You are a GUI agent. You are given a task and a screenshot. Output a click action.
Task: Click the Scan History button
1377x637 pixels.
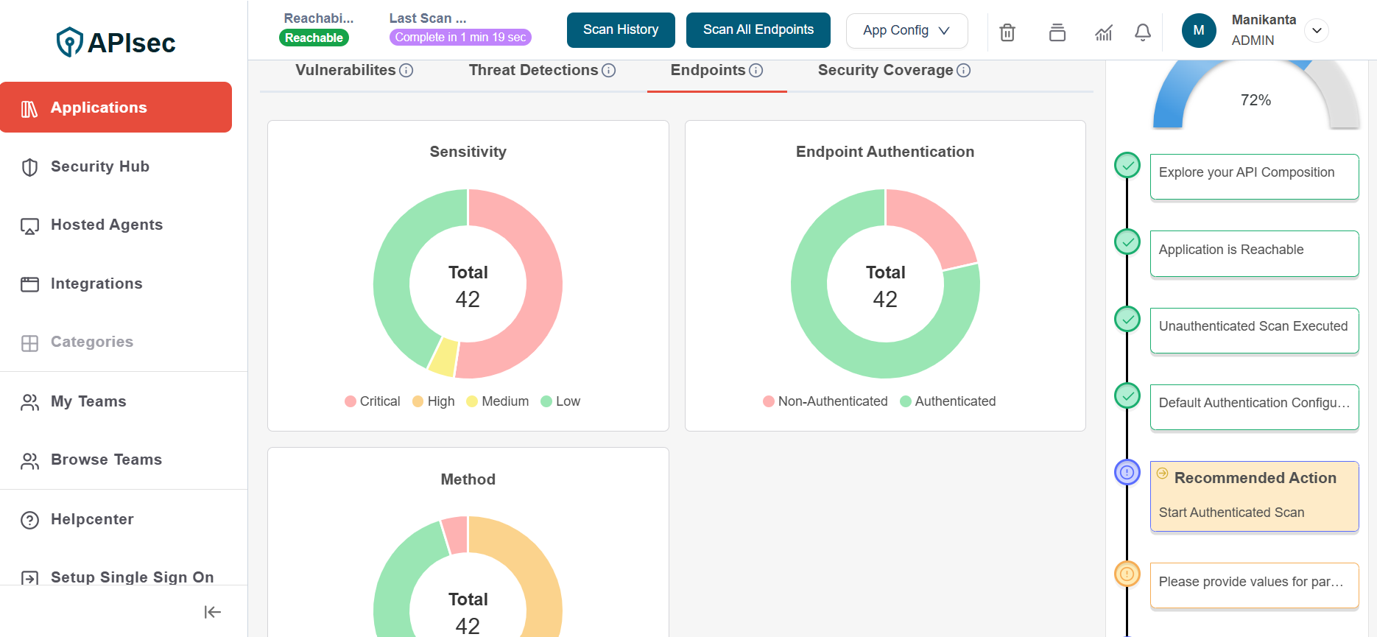click(x=621, y=30)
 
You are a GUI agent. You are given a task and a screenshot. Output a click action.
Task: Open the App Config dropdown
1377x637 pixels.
click(x=906, y=31)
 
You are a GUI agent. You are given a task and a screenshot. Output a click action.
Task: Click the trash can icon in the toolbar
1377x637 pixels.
click(x=1007, y=32)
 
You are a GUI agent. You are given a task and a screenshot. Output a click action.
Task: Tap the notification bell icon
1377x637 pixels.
click(x=1143, y=32)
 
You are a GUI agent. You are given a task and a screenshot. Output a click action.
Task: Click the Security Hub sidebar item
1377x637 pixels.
click(x=100, y=167)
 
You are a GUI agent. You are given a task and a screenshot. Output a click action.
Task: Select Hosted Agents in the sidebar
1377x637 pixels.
click(x=107, y=225)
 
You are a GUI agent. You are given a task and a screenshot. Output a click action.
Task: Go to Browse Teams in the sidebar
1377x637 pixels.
click(x=106, y=460)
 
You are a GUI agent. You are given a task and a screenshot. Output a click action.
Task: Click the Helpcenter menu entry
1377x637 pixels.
click(x=92, y=520)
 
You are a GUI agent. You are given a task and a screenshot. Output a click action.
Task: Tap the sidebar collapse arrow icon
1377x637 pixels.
click(x=213, y=612)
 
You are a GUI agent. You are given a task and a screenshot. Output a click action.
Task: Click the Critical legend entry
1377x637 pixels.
click(x=373, y=401)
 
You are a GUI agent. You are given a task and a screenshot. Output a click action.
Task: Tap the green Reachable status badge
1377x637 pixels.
click(x=314, y=38)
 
